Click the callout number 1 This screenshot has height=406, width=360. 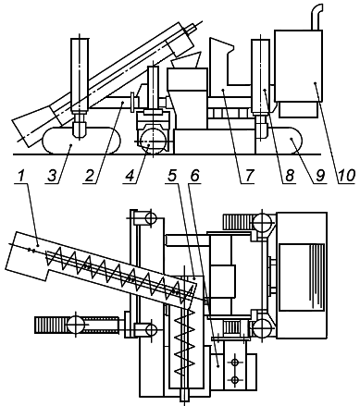pos(20,177)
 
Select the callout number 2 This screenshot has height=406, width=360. pos(89,177)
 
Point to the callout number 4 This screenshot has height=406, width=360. pos(130,177)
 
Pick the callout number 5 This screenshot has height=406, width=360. pos(172,176)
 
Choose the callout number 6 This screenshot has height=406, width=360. pos(195,176)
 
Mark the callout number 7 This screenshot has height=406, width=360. pos(248,177)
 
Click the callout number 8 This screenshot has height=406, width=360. pos(289,177)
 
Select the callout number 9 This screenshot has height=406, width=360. pos(320,177)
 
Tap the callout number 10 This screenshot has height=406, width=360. pos(347,177)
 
